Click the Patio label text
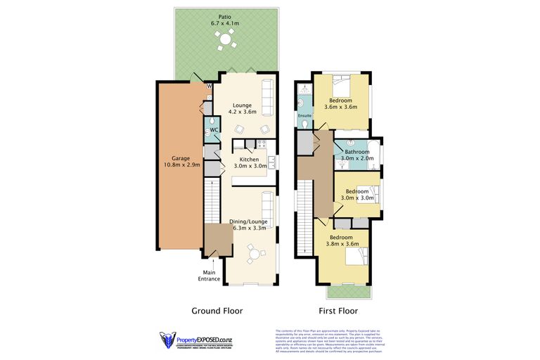(225, 16)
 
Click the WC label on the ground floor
(211, 129)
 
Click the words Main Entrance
(209, 276)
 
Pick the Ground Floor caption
(217, 310)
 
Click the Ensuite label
(304, 115)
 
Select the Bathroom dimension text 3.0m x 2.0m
(356, 159)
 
